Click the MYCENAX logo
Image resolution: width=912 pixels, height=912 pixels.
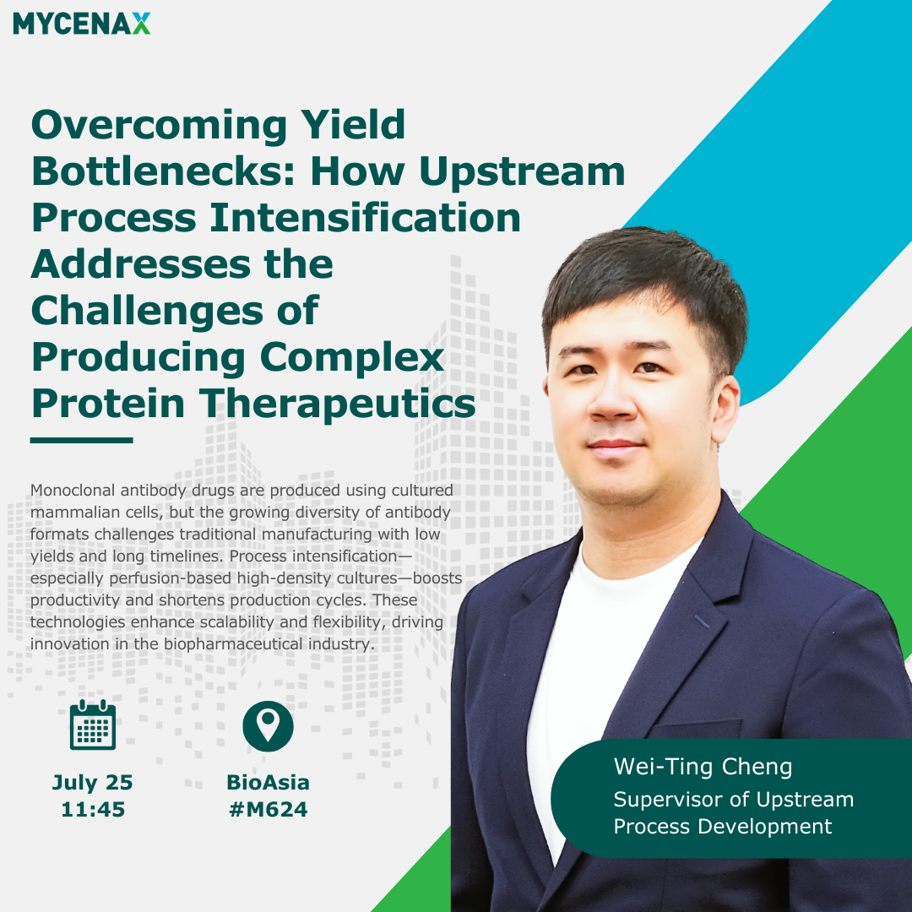(81, 24)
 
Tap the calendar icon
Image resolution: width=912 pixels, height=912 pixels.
(93, 725)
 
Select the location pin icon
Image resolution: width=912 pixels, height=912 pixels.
(269, 726)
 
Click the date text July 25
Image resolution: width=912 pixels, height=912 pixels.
(93, 782)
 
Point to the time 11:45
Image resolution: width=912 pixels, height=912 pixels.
(93, 809)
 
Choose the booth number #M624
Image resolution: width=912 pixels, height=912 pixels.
(269, 809)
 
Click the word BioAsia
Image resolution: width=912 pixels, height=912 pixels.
(269, 782)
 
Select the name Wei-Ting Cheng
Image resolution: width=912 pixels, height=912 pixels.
(703, 767)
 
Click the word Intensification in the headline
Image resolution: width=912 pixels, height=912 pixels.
(365, 218)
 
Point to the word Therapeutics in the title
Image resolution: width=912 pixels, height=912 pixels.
(338, 404)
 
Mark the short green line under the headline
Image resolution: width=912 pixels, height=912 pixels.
(81, 440)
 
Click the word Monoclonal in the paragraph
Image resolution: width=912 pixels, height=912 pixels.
(72, 491)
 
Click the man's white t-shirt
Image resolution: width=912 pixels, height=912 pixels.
(588, 669)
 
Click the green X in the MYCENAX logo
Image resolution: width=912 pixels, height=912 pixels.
(141, 24)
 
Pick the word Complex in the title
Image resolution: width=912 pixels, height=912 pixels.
(352, 357)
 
